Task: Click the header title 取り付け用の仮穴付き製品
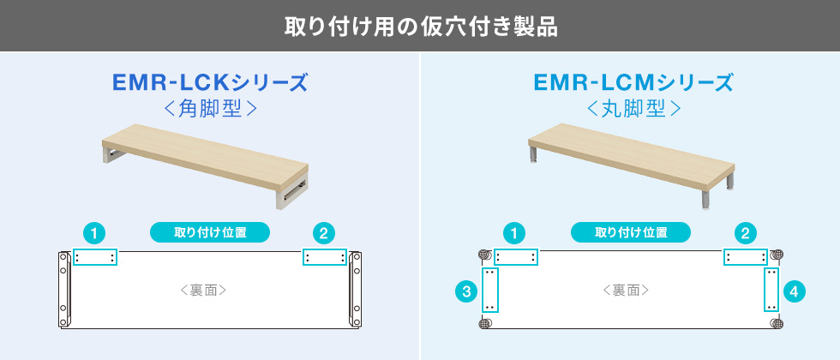point(421,27)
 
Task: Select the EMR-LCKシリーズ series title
point(210,83)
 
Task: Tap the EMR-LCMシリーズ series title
point(633,83)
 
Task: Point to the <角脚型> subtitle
point(210,109)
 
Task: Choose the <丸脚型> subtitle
point(633,109)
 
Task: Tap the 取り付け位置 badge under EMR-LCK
point(210,233)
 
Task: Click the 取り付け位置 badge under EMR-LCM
point(631,233)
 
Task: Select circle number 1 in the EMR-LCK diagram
point(94,233)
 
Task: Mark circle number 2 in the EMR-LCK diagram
point(324,233)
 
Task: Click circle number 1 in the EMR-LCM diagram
point(515,233)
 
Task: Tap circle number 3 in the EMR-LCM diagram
point(466,291)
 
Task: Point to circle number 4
point(794,291)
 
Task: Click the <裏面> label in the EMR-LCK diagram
point(203,291)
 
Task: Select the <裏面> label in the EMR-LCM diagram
point(626,291)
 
